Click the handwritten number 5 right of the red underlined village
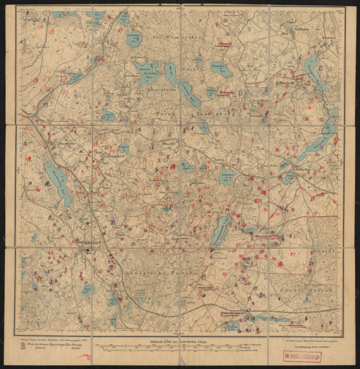point(290,236)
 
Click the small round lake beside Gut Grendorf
point(124,148)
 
